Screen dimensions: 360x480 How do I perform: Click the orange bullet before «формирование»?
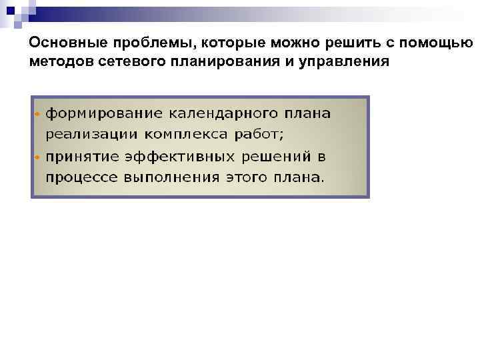click(37, 113)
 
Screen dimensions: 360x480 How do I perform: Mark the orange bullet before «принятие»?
click(37, 157)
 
